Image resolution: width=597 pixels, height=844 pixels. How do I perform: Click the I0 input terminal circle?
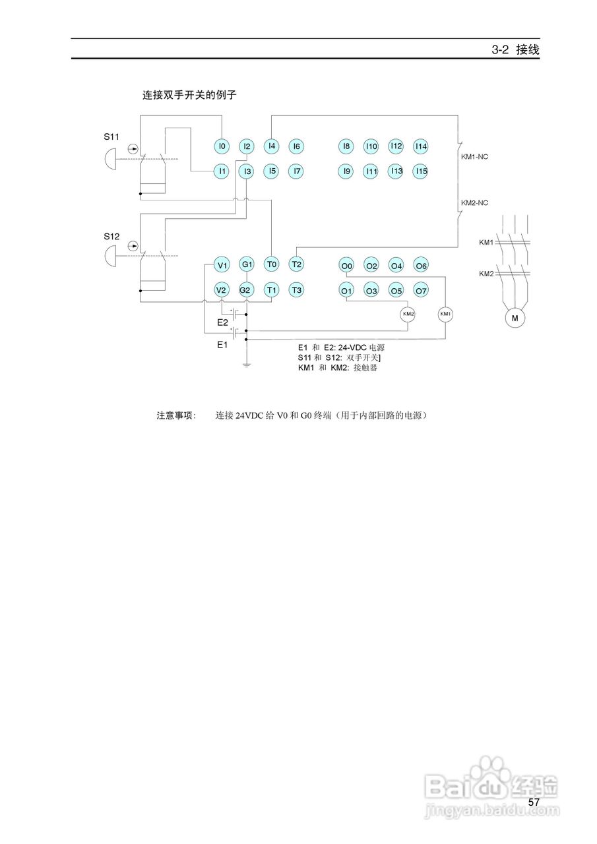[222, 146]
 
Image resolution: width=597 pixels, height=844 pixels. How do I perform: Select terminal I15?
[421, 171]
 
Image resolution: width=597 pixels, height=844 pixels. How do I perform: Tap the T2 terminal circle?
[296, 264]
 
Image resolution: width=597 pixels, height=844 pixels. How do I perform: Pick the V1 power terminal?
[222, 266]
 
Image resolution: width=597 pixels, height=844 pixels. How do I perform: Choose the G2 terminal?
[246, 290]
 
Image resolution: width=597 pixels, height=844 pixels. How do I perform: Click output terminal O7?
[421, 290]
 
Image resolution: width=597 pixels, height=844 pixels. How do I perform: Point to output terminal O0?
[347, 266]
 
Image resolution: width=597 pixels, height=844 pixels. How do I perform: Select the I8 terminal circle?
[346, 146]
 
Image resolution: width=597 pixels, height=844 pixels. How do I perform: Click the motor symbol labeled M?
[515, 318]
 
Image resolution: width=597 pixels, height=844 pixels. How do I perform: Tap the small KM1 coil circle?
[446, 314]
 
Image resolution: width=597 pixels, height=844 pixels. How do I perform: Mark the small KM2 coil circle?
[408, 314]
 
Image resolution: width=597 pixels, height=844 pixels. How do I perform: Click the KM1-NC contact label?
[474, 157]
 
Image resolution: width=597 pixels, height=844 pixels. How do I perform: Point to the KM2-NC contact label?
[474, 202]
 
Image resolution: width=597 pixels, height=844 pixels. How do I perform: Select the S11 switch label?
[111, 137]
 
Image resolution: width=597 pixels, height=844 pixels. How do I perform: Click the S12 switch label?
[111, 235]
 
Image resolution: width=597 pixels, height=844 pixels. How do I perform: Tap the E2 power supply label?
[223, 322]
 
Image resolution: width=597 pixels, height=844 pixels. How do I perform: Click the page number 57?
[534, 802]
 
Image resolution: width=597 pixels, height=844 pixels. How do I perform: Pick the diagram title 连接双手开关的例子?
[189, 95]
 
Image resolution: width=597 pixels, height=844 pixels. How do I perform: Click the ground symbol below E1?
[246, 363]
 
